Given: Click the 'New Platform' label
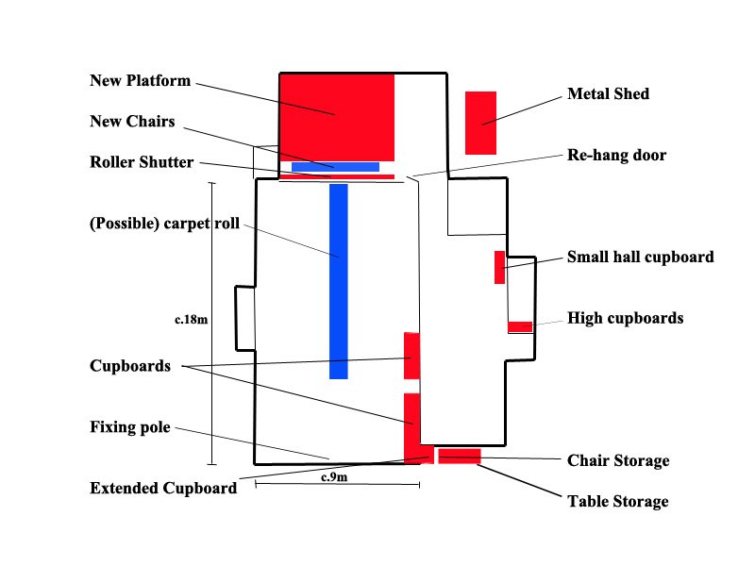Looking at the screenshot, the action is (x=140, y=80).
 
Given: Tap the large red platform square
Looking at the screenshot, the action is (x=337, y=117).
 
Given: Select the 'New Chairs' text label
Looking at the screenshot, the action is (x=132, y=122).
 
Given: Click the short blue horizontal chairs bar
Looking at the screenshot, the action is (x=336, y=167).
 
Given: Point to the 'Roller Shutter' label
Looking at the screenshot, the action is (x=142, y=162).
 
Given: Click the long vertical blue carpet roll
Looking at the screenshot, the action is (x=339, y=281).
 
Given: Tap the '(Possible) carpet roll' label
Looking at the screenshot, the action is (x=164, y=224).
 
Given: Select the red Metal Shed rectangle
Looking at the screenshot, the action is (x=480, y=124).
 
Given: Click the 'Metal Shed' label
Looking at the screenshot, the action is (x=608, y=93).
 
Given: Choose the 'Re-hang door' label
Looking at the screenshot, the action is (x=617, y=155).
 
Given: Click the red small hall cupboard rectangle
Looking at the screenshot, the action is (x=500, y=267).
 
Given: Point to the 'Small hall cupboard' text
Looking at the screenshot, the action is (x=641, y=257).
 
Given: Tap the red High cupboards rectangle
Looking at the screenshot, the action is (x=520, y=326).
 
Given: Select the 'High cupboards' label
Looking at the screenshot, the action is (x=626, y=318).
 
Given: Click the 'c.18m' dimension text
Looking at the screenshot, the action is (x=192, y=320).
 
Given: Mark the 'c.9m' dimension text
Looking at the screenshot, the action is (x=334, y=477).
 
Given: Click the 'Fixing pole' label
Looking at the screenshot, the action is (x=130, y=427).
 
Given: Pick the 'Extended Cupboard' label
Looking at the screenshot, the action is (x=163, y=489).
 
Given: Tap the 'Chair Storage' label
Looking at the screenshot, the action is (x=618, y=460).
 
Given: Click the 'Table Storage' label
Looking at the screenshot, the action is (x=618, y=502).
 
